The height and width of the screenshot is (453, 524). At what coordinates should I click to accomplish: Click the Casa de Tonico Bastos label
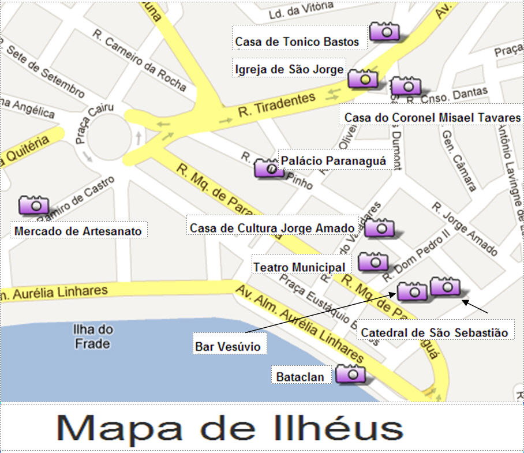coord(297,42)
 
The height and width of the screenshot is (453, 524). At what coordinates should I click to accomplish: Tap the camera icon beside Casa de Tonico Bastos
coord(384,31)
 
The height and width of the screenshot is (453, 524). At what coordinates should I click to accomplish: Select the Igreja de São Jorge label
coord(290,70)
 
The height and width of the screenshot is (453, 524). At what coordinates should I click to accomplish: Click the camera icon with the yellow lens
coord(363,78)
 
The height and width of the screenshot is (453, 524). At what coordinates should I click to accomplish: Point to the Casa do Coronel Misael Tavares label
coord(432,117)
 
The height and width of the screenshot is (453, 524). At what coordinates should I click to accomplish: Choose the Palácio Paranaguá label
coord(332,160)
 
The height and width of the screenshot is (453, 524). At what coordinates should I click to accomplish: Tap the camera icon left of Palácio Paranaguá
coord(268,168)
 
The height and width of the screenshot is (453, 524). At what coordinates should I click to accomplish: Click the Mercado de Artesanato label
coord(78,231)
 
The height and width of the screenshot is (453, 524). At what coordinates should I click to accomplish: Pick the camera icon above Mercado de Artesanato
coord(34,205)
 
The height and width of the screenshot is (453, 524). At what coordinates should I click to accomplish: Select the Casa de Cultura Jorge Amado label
coord(272,228)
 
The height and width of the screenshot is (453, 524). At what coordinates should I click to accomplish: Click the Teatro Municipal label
coord(300,267)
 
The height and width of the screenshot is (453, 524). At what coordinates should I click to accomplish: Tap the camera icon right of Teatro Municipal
coord(373,262)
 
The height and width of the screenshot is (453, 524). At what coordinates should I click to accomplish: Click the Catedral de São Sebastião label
coord(434,332)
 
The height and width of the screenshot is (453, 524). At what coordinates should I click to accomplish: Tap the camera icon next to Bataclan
coord(350,374)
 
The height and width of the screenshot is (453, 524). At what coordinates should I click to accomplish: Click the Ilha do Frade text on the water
coord(92,337)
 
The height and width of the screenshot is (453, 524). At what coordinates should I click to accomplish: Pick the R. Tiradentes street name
coord(277,107)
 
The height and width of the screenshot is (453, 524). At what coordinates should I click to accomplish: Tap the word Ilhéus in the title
coord(332,429)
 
